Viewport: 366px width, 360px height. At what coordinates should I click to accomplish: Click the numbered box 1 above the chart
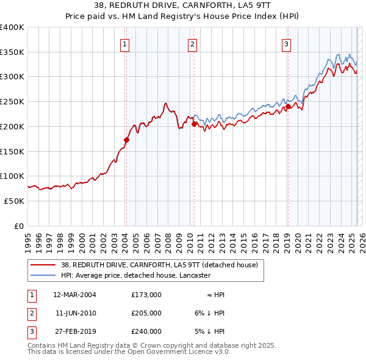coord(124,43)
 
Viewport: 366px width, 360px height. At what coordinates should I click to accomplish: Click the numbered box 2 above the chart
coord(192,43)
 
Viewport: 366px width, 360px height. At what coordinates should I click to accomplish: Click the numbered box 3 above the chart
coord(286,43)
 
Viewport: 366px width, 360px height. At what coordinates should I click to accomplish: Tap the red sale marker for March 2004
coord(127,140)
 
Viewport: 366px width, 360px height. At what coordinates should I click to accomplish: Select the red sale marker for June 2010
coord(194,124)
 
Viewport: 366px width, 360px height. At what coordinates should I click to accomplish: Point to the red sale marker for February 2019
coord(288,106)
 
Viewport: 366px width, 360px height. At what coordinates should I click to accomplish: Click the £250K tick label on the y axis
coord(12,101)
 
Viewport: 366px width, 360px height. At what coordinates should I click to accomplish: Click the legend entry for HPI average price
coord(135,275)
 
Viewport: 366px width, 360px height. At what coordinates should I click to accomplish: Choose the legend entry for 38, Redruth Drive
coord(160,265)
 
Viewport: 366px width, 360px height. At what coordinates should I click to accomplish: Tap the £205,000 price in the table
coord(146,313)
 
